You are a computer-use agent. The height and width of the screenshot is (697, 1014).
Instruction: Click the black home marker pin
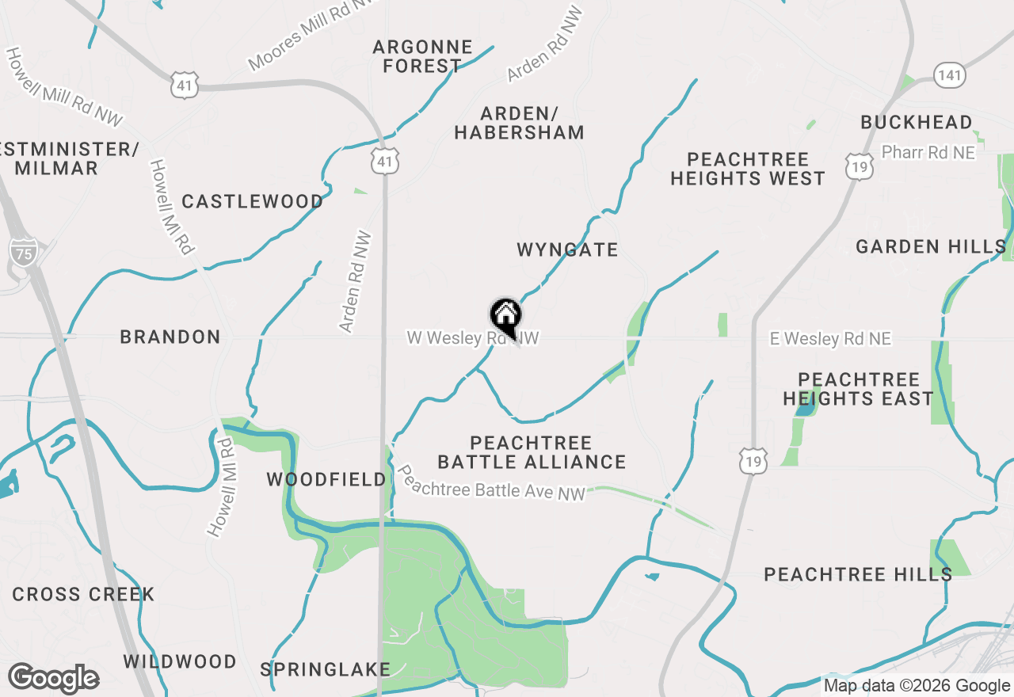[x=505, y=316]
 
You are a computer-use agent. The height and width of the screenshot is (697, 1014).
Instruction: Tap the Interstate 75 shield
[x=23, y=253]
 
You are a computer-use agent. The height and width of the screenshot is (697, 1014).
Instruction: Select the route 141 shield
[x=948, y=75]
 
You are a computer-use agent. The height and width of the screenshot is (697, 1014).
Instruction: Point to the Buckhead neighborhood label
[x=916, y=123]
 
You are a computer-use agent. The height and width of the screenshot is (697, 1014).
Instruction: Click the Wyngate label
[x=567, y=250]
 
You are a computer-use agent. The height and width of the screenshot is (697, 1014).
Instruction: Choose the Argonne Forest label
[x=422, y=56]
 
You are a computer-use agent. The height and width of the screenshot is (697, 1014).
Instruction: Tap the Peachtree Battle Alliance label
[x=532, y=452]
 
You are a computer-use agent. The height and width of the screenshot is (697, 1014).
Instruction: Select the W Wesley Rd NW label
[x=473, y=338]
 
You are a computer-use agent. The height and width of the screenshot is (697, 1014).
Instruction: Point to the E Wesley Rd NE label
[x=830, y=339]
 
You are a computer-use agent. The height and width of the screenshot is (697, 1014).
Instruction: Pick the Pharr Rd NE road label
[x=928, y=152]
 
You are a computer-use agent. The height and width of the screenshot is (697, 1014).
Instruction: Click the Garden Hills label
[x=930, y=247]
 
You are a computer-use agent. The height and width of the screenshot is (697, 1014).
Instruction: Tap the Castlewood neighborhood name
[x=252, y=202]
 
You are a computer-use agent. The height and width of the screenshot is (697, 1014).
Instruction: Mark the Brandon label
[x=170, y=337]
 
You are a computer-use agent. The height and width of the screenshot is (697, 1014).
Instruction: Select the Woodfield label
[x=326, y=479]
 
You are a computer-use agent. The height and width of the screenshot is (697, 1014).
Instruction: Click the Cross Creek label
[x=83, y=595]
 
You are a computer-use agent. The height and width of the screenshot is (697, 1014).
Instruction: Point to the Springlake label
[x=325, y=669]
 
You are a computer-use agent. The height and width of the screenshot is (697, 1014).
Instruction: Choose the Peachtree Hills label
[x=857, y=575]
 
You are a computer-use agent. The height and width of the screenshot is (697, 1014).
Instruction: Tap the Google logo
[x=53, y=679]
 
